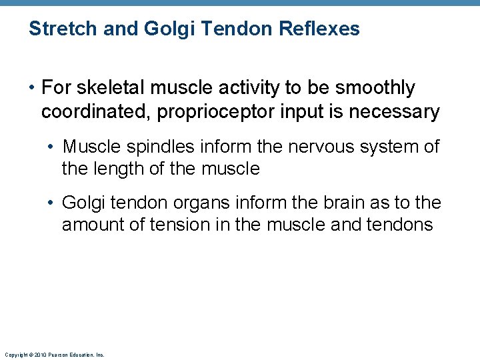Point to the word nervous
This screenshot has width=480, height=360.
(x=319, y=147)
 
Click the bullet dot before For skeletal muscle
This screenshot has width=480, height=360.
(x=31, y=88)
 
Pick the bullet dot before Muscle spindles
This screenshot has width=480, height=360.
(x=52, y=147)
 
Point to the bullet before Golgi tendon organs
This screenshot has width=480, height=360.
(x=52, y=203)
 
